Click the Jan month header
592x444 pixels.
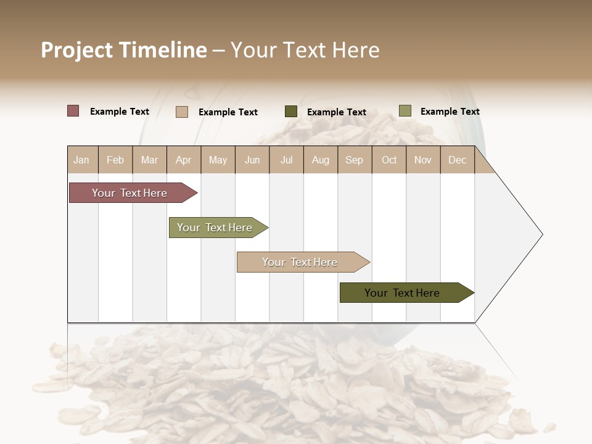82,160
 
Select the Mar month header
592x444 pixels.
150,160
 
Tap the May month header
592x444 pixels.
218,160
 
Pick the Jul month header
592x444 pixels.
287,160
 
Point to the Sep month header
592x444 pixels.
355,160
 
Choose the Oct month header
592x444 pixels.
389,160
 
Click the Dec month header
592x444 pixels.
458,160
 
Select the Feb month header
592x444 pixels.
115,160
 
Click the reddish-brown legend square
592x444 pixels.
73,111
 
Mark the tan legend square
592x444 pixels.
182,112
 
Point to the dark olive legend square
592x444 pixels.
291,111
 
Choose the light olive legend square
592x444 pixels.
405,111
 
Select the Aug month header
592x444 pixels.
321,160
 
